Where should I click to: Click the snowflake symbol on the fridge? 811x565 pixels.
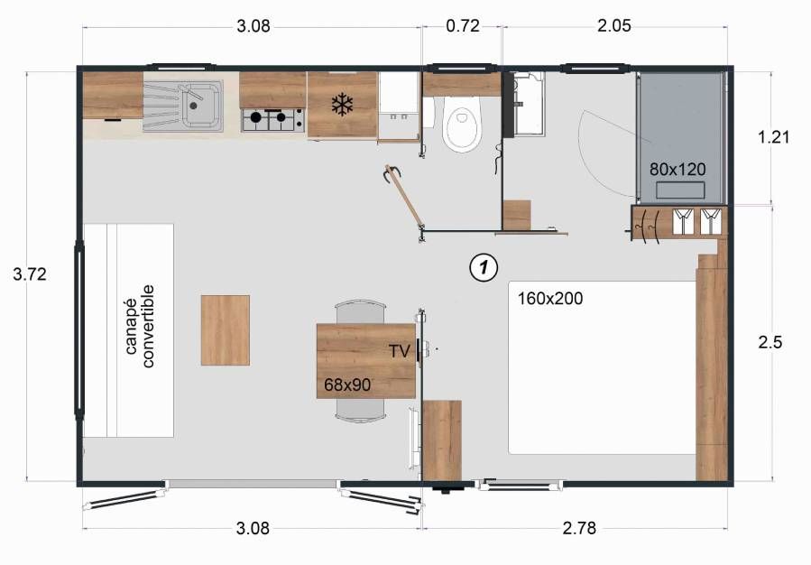click(342, 105)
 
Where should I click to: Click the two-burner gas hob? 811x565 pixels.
click(273, 119)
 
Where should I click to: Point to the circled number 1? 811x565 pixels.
click(484, 267)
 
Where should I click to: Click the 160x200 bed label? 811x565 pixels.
click(550, 299)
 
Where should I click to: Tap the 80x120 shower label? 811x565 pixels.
click(677, 169)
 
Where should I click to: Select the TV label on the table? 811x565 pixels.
click(400, 351)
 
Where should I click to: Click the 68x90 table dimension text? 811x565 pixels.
click(347, 385)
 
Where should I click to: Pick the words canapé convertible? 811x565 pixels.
click(140, 326)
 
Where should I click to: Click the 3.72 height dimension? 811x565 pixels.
click(30, 274)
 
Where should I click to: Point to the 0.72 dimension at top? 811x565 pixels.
click(463, 26)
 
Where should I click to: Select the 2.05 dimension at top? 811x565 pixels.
click(614, 26)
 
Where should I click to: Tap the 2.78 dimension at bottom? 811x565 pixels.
click(579, 528)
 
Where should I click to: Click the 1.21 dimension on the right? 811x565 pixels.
click(773, 137)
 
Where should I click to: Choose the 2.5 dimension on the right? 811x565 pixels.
click(770, 342)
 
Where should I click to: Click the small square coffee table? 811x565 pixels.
click(226, 330)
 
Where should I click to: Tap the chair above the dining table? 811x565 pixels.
click(361, 312)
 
